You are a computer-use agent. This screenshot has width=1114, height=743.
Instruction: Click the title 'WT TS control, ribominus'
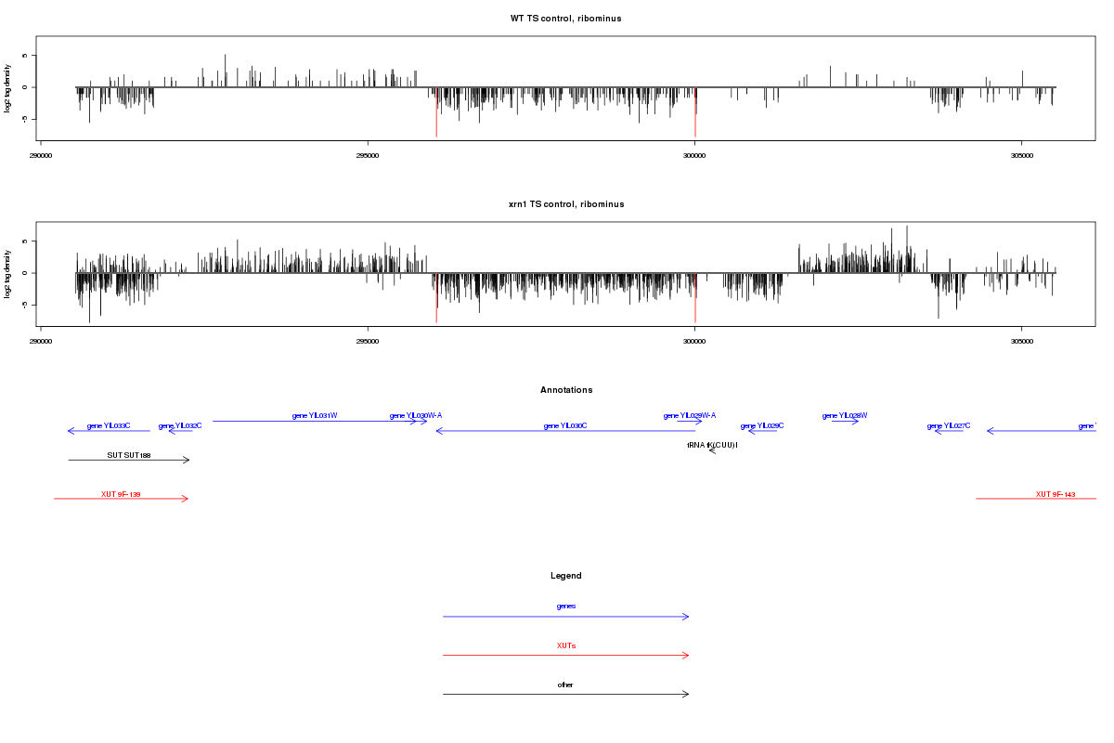[565, 19]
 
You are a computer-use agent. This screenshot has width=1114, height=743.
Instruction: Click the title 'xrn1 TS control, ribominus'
[565, 204]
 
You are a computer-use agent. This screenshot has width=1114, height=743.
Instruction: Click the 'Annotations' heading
[566, 390]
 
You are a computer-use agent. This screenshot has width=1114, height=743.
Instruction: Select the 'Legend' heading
[566, 576]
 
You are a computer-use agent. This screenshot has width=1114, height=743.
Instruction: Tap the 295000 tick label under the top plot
[368, 155]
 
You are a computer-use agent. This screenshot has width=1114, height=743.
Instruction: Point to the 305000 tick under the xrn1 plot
[1021, 341]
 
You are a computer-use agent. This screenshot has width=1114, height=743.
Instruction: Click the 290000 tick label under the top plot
[41, 155]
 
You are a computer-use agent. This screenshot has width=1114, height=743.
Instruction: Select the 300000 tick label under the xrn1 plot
[694, 341]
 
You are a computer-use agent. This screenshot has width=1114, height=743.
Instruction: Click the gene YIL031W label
[315, 415]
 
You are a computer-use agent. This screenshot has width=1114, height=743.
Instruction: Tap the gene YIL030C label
[565, 425]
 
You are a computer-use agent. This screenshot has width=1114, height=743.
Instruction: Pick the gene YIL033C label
[109, 425]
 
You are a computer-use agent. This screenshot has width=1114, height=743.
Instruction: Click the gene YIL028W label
[845, 415]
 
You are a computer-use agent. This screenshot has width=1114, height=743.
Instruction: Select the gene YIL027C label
[949, 425]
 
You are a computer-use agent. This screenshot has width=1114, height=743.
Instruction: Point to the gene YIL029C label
[762, 425]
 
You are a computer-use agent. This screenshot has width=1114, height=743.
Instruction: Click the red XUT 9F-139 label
[121, 494]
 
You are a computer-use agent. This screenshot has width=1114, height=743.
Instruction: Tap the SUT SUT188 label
[128, 455]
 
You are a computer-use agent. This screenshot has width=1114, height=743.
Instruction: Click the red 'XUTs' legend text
[566, 645]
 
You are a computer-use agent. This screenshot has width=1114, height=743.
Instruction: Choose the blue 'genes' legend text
[566, 606]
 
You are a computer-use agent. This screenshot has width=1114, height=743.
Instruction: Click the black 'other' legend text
[565, 684]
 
